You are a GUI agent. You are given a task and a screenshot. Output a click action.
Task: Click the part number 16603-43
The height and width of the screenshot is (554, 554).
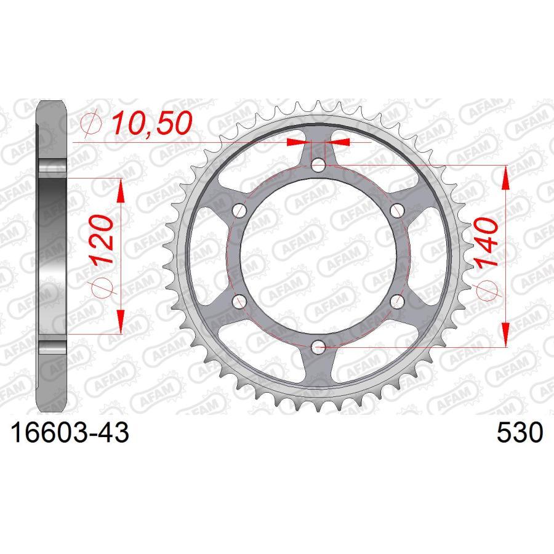click(x=68, y=433)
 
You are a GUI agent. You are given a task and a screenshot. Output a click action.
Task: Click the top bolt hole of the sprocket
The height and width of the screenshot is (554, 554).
click(x=318, y=165)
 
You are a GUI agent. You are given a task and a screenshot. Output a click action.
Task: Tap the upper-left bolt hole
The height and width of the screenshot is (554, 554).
click(x=239, y=210)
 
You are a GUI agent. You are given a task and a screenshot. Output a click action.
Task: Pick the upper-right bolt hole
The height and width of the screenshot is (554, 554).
click(x=396, y=210)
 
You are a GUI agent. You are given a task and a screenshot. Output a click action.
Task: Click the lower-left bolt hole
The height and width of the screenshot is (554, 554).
click(x=239, y=302)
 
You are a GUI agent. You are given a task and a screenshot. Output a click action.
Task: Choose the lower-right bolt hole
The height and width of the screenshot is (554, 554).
click(x=396, y=302)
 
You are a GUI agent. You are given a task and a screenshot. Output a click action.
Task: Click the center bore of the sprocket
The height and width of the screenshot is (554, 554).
click(x=318, y=256)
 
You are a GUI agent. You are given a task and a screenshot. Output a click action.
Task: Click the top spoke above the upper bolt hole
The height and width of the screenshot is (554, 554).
click(x=318, y=138)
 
